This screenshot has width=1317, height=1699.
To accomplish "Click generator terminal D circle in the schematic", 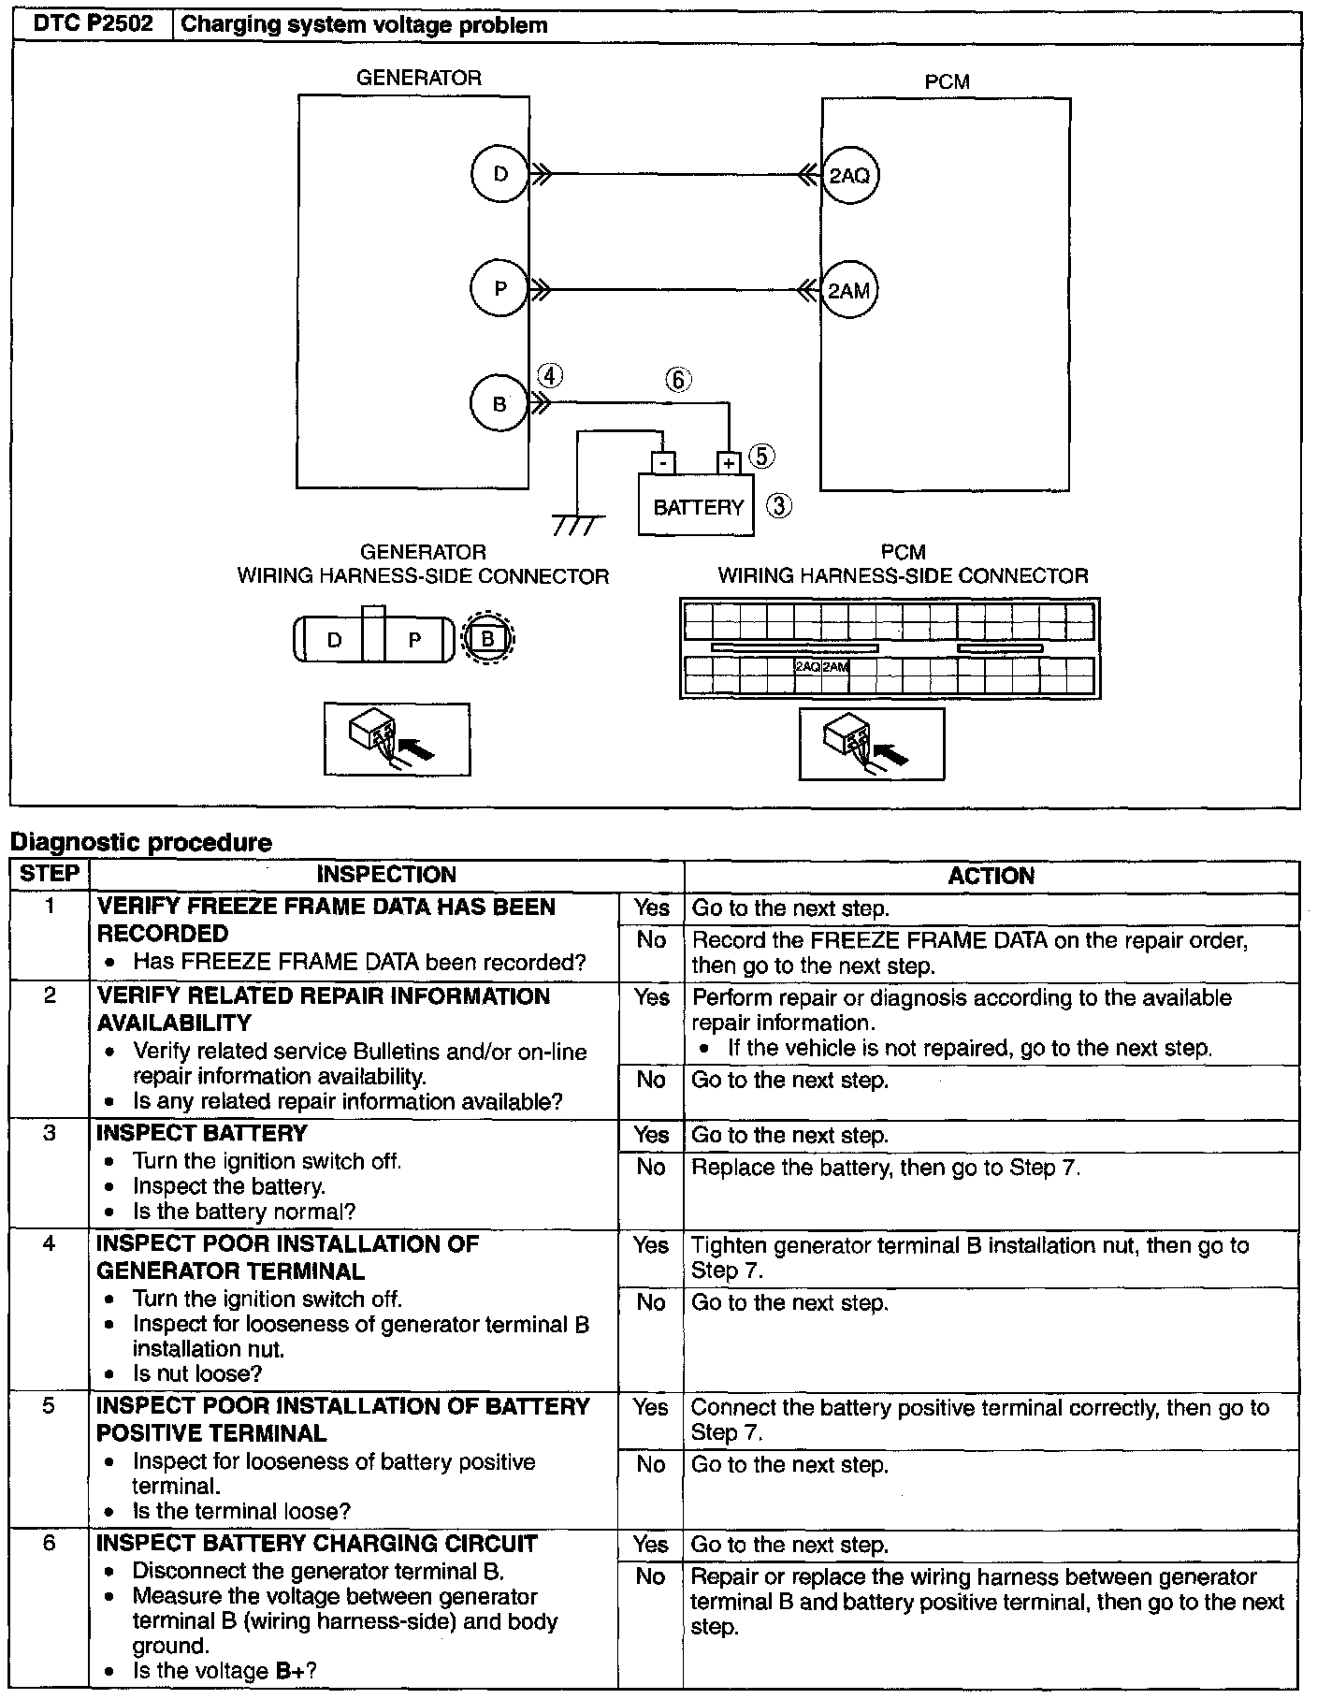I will pyautogui.click(x=499, y=174).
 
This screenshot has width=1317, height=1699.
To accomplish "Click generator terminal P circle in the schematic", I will pyautogui.click(x=499, y=289).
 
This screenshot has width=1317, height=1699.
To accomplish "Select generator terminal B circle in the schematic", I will pyautogui.click(x=499, y=404).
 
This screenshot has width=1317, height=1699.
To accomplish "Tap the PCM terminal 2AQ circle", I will pyautogui.click(x=849, y=175).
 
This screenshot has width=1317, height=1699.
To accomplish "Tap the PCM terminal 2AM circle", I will pyautogui.click(x=849, y=290).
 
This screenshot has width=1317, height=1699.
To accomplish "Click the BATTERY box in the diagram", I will pyautogui.click(x=696, y=507).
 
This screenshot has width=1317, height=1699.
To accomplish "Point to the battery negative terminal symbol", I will pyautogui.click(x=661, y=462).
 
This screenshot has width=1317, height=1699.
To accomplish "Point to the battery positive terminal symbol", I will pyautogui.click(x=729, y=462).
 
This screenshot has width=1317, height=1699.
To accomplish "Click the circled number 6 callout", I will pyautogui.click(x=678, y=380).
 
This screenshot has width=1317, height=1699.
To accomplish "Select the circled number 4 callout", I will pyautogui.click(x=550, y=375).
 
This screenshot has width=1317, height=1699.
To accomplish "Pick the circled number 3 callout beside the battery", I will pyautogui.click(x=779, y=506).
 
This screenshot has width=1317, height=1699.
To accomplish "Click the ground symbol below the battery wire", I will pyautogui.click(x=573, y=525).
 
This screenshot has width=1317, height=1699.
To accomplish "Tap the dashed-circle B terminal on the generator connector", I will pyautogui.click(x=487, y=640).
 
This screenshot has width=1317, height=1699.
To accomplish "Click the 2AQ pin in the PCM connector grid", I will pyautogui.click(x=807, y=667).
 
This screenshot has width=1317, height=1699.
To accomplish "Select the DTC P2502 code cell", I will pyautogui.click(x=93, y=25).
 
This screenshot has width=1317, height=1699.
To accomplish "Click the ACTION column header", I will pyautogui.click(x=991, y=876).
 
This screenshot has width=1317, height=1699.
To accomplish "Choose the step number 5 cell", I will pyautogui.click(x=50, y=1406).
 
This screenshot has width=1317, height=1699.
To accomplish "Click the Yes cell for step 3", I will pyautogui.click(x=651, y=1136).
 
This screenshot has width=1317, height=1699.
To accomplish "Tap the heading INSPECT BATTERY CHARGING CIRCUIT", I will pyautogui.click(x=317, y=1543).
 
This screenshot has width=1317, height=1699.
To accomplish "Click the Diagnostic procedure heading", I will pyautogui.click(x=140, y=842).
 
